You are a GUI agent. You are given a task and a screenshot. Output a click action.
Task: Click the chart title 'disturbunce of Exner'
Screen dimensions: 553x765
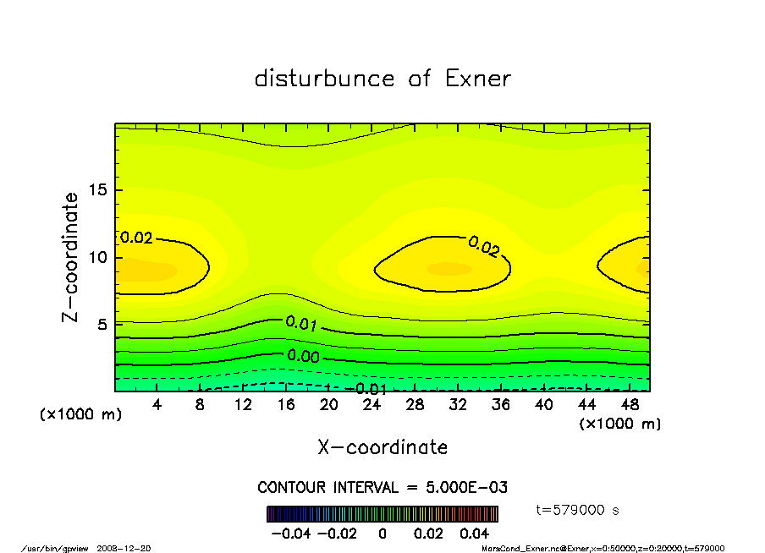(x=382, y=79)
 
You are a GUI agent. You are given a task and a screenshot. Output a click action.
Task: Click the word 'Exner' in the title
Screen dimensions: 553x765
(x=476, y=79)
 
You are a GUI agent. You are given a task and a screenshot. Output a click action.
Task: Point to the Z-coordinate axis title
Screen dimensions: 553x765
(x=71, y=257)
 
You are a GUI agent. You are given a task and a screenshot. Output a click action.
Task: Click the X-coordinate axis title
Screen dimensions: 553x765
(x=382, y=447)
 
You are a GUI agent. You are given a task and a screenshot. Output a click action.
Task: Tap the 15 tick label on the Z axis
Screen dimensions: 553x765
(x=97, y=190)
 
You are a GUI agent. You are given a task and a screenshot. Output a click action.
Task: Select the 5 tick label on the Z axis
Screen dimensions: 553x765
(x=102, y=324)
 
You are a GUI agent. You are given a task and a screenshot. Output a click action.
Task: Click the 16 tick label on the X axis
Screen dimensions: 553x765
(x=286, y=405)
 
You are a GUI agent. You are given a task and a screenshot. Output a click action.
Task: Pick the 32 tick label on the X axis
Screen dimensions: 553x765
(x=458, y=405)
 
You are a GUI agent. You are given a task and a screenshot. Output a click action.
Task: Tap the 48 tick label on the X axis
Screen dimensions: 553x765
(x=630, y=405)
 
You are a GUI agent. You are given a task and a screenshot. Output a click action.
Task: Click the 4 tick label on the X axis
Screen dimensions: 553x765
(x=157, y=405)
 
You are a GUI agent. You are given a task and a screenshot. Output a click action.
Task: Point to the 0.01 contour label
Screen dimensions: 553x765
(x=301, y=323)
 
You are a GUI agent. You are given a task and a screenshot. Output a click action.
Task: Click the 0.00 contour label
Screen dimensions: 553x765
(x=302, y=356)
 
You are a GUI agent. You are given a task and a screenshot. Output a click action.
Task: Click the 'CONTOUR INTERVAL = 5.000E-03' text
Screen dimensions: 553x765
(x=382, y=488)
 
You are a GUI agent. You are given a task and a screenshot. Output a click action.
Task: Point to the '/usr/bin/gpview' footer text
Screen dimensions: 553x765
(x=58, y=548)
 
